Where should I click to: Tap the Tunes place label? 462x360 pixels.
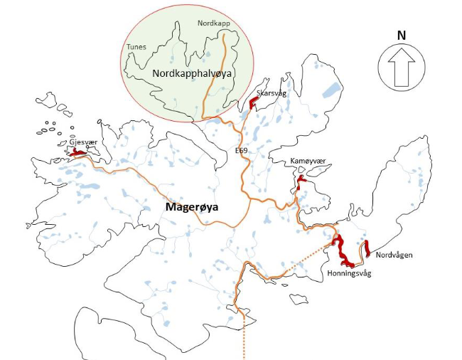click(x=136, y=47)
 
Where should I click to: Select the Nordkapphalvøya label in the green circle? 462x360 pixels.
click(x=193, y=73)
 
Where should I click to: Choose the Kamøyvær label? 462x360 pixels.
click(x=307, y=162)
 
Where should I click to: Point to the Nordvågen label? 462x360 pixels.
click(x=394, y=254)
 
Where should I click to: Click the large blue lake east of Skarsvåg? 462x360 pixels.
click(x=331, y=90)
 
